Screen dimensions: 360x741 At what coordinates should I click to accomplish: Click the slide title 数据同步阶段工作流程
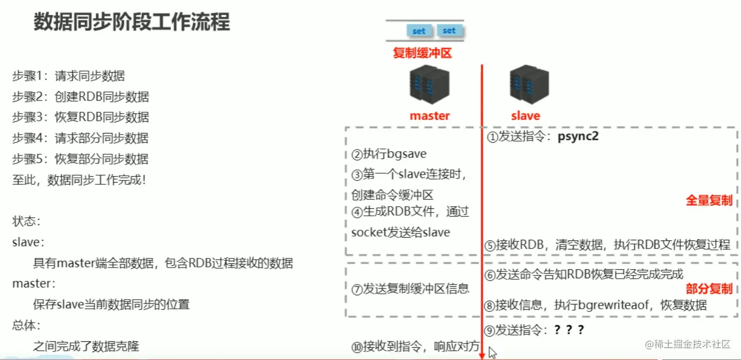[132, 22]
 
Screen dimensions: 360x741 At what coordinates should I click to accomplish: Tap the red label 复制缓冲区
[422, 53]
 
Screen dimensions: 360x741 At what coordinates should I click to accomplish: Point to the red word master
[430, 116]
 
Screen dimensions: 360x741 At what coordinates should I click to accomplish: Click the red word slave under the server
[525, 116]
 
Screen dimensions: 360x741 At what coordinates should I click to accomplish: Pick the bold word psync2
[578, 136]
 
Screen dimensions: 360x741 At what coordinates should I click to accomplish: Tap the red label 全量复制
[709, 201]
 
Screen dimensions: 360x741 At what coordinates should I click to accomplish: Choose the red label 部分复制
[709, 289]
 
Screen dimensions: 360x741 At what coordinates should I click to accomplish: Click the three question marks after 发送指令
[569, 330]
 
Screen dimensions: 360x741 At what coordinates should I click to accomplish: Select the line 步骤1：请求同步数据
[68, 76]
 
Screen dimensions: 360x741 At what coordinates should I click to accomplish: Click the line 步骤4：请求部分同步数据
[80, 138]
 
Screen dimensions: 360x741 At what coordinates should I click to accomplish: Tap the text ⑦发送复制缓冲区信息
[410, 289]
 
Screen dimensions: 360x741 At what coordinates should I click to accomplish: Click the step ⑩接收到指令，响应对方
[415, 347]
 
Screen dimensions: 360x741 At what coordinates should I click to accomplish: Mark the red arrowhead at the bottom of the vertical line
[482, 355]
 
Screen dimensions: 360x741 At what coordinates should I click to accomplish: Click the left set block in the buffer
[419, 31]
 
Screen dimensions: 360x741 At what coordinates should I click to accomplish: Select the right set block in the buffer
[449, 30]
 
